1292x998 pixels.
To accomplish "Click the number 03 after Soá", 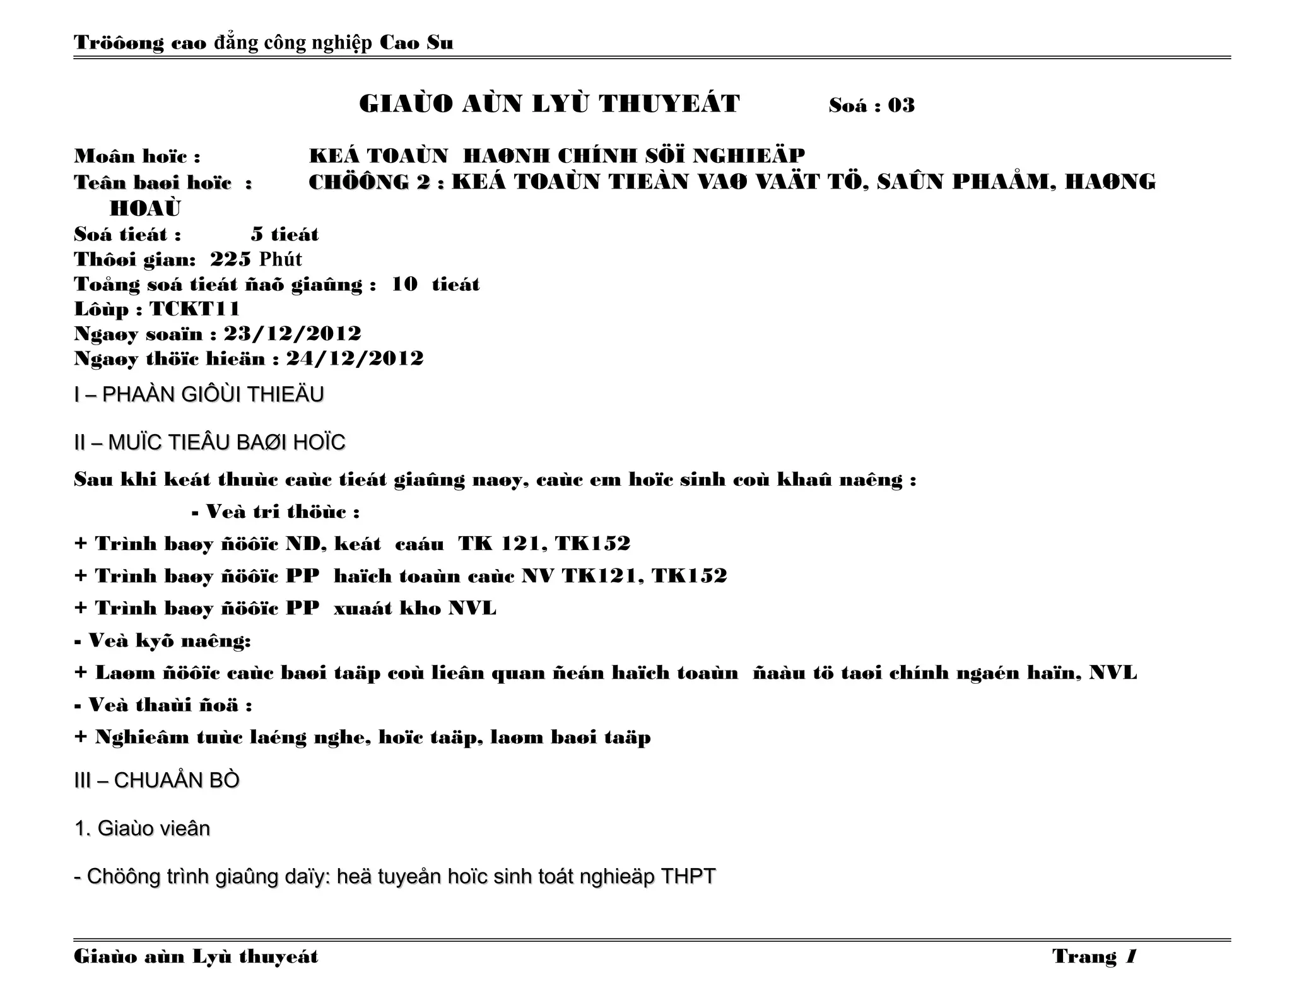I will [901, 105].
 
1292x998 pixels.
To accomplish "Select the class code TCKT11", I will [194, 309].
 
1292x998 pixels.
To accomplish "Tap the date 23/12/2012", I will [292, 334].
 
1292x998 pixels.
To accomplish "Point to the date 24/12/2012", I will [355, 358].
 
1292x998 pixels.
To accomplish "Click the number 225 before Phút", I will [230, 259].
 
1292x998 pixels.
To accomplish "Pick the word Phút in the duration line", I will [281, 259].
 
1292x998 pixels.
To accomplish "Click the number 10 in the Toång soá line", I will [404, 285].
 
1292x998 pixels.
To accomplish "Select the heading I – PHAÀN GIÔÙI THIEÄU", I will [199, 395].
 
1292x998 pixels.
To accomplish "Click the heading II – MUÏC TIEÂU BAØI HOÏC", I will [209, 443].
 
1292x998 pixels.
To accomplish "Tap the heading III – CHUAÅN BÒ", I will [156, 781].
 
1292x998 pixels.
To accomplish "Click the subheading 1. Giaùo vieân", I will [142, 828].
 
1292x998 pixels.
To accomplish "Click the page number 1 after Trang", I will [1130, 957].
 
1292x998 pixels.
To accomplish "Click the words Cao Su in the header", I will [416, 43].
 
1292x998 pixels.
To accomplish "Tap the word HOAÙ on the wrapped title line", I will [145, 208].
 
